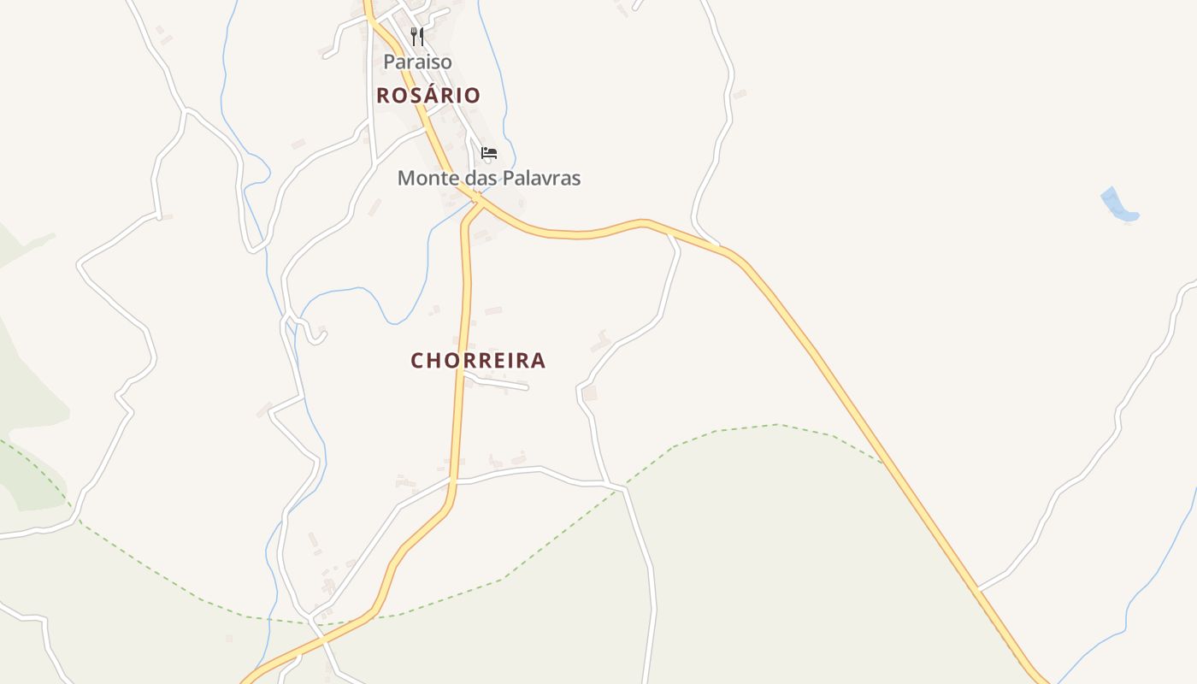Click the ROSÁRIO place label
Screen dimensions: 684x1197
(428, 95)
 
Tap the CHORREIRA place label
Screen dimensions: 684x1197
(478, 361)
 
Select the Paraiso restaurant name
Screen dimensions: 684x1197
(417, 62)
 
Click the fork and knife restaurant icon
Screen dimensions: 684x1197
(417, 37)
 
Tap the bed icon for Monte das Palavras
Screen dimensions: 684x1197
(489, 153)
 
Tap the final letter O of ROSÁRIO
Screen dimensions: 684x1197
(472, 95)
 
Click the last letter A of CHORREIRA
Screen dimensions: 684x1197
(538, 361)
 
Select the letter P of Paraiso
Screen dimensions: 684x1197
(389, 62)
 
